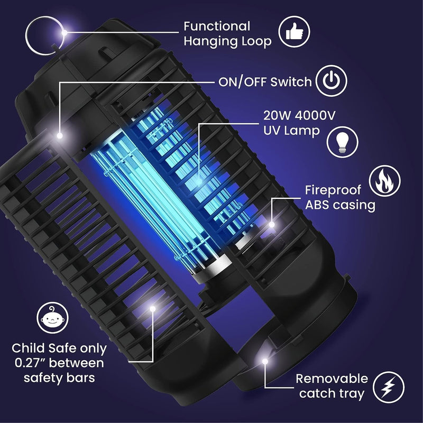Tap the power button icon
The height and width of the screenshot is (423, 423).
331,81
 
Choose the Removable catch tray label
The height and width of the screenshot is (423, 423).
332,386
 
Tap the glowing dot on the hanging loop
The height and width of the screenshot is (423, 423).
64,33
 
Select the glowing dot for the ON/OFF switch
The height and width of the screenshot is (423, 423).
60,135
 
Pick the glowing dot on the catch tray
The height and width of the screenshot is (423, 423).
263,362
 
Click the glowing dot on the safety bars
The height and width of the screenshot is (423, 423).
153,308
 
